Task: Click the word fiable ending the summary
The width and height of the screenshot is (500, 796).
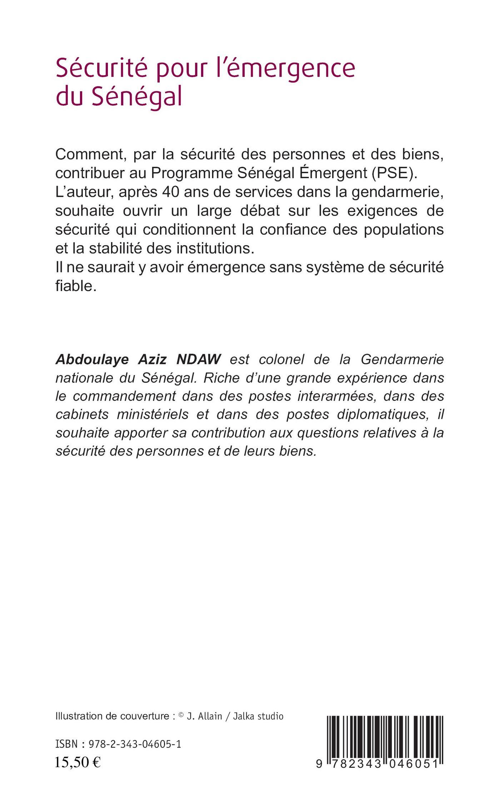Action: tap(76, 286)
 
